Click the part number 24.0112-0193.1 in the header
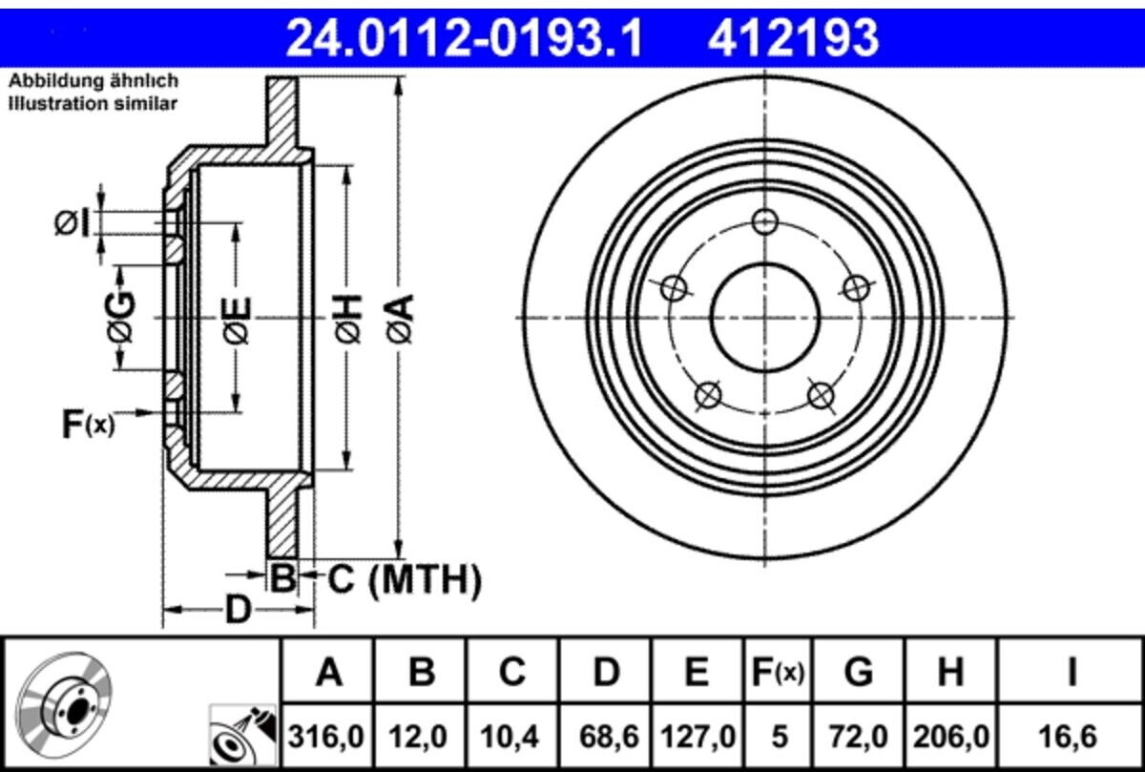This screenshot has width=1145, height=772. (x=466, y=38)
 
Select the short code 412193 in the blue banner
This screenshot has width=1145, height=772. (x=792, y=38)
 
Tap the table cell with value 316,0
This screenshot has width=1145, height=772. (x=328, y=736)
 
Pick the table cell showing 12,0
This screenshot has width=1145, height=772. (x=420, y=736)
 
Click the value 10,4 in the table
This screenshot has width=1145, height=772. (x=511, y=736)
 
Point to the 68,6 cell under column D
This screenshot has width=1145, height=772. (x=605, y=736)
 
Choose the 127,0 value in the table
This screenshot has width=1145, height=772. (x=697, y=736)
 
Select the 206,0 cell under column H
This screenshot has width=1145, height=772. (x=950, y=736)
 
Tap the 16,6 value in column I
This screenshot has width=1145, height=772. (x=1072, y=736)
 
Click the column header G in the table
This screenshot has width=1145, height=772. (x=859, y=674)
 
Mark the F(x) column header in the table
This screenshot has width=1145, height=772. (x=777, y=674)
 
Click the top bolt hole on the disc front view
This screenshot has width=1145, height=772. (x=765, y=221)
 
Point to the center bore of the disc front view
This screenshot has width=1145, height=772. (x=765, y=318)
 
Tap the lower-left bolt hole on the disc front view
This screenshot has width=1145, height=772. (x=707, y=394)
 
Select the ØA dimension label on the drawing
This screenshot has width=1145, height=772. (x=400, y=318)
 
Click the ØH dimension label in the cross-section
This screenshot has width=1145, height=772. (x=348, y=318)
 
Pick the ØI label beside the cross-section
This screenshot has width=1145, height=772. (x=73, y=223)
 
